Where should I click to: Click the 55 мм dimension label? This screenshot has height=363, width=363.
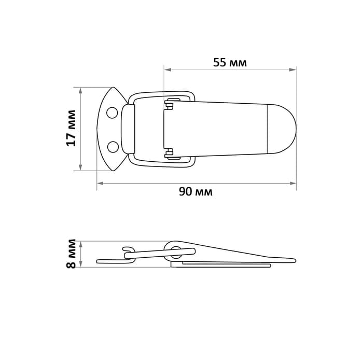(229, 63)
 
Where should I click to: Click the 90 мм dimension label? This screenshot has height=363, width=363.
(196, 192)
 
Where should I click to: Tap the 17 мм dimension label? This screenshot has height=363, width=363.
(72, 128)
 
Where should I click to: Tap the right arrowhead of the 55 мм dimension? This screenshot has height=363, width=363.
(294, 68)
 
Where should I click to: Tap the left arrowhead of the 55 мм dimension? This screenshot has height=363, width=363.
(166, 68)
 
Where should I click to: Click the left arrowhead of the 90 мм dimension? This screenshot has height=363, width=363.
(100, 183)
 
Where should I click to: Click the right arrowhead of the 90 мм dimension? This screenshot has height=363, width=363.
(294, 183)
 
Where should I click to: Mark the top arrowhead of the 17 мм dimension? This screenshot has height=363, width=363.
(80, 89)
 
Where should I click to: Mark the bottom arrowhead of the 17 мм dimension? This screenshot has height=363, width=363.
(80, 167)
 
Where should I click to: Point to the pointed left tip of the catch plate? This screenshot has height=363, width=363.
(99, 128)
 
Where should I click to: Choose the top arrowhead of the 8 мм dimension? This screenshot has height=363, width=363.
(80, 242)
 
